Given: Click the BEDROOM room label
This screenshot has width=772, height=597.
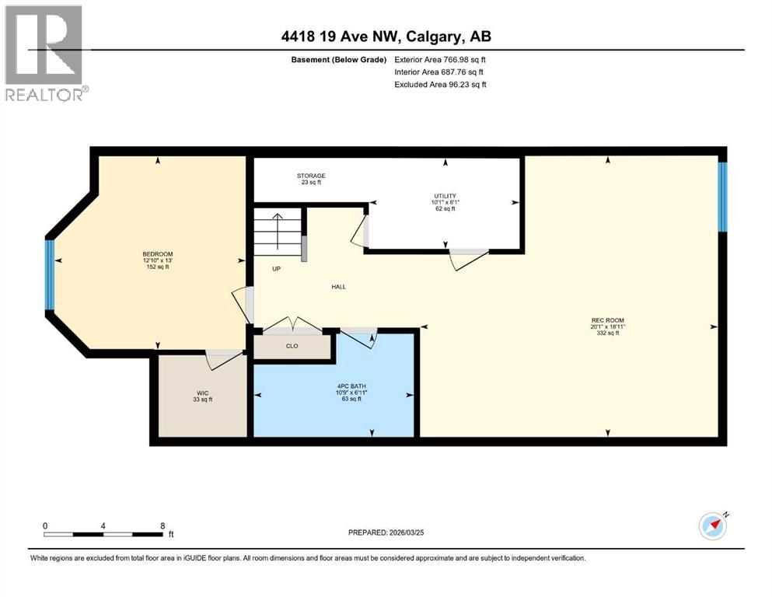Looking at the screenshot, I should tap(157, 255).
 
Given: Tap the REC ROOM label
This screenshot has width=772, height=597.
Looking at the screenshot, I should tap(607, 320).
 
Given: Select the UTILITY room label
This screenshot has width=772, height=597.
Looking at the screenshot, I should tap(445, 196).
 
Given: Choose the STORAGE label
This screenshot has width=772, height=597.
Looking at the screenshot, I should tap(310, 176).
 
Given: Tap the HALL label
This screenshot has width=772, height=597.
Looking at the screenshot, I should tap(338, 287).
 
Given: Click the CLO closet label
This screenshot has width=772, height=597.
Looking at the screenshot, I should tap(292, 346).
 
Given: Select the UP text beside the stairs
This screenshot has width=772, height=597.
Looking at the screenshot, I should tap(275, 269).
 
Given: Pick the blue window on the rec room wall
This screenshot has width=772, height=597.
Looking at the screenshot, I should tap(721, 197).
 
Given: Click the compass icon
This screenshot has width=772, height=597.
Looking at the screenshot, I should tap(712, 526).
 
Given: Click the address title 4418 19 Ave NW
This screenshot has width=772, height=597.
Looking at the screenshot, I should tap(386, 37).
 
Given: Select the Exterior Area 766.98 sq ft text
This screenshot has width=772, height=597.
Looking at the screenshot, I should tap(440, 60).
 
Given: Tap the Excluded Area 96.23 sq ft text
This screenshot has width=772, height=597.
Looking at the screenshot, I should tap(440, 85).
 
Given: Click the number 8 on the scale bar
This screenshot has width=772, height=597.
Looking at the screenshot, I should tap(162, 525).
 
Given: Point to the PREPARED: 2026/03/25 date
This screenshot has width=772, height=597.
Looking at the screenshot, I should tap(389, 532).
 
